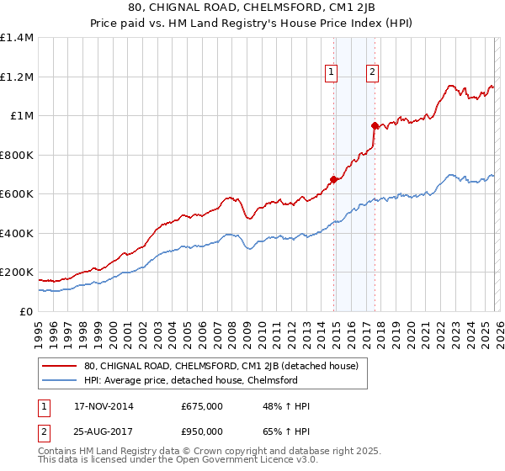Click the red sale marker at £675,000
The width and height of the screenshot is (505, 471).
click(334, 179)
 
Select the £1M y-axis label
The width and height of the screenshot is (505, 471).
click(22, 116)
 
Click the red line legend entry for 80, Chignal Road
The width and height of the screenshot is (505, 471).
click(221, 366)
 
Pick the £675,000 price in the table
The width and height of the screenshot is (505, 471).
click(202, 406)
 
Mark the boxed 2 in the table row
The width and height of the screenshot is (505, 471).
click(44, 431)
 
